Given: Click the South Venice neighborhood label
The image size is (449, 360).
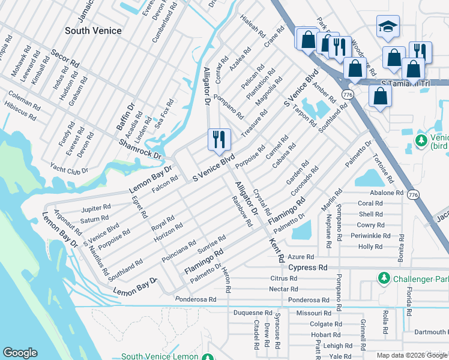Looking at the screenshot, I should click(x=93, y=31).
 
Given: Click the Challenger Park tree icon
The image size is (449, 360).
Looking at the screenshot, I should click(x=384, y=278).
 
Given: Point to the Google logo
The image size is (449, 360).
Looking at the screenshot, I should click(x=20, y=353).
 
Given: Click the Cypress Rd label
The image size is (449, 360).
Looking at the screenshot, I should click(x=308, y=267).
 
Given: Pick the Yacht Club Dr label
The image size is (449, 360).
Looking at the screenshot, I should click(x=74, y=171).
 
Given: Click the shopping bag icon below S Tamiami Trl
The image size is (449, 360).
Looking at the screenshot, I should click(x=380, y=95).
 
